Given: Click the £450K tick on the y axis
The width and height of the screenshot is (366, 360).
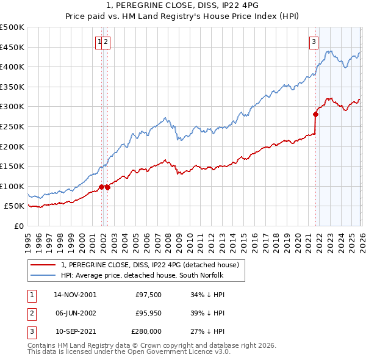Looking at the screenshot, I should pos(12,47).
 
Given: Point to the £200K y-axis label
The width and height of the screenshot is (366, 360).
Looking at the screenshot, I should pos(12,146).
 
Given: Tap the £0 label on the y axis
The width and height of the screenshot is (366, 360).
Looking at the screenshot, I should pos(18,226).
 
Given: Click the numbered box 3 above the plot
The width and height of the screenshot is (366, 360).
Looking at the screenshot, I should pos(314,42).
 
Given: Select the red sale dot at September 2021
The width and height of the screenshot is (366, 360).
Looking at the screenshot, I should pos(316,114).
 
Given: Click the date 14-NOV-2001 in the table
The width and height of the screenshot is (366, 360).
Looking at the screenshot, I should pos(75,295).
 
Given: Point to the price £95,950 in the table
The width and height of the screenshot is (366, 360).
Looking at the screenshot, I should pos(145,313).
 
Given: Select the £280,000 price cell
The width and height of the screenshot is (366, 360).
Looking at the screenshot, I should pos(145,331).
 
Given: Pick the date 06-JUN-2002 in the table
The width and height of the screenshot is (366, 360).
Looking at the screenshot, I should pos(75,313).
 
